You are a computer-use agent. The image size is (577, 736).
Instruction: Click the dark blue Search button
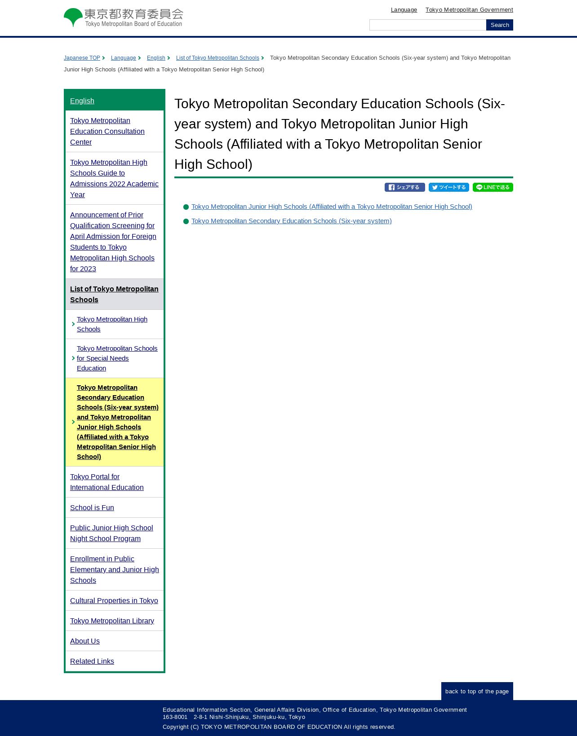click(499, 25)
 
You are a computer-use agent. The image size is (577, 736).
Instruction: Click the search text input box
click(427, 25)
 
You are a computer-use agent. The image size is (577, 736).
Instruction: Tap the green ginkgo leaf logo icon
click(73, 17)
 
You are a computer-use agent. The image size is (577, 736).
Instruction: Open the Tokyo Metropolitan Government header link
click(469, 10)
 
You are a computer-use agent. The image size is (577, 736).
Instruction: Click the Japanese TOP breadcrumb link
click(82, 58)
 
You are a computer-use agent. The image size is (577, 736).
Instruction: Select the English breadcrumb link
click(156, 58)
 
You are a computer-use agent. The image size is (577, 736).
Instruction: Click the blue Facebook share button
click(404, 187)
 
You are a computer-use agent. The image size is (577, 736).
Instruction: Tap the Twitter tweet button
click(448, 187)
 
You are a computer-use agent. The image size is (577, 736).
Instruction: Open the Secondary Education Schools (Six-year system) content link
click(291, 221)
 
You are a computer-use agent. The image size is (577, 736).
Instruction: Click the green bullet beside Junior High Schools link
click(186, 207)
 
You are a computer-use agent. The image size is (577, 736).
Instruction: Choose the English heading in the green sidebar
click(82, 101)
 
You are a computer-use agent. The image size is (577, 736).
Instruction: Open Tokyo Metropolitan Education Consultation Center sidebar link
click(107, 131)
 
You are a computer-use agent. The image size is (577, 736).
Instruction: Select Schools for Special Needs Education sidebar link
click(117, 358)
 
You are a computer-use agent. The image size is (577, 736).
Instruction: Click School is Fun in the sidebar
click(92, 507)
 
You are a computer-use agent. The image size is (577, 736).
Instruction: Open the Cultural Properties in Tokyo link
click(114, 600)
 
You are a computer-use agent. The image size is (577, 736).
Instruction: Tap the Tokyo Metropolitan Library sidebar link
click(112, 621)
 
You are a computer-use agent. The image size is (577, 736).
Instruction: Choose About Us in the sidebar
click(85, 641)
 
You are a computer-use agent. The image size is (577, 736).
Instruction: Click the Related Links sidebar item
click(92, 661)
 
